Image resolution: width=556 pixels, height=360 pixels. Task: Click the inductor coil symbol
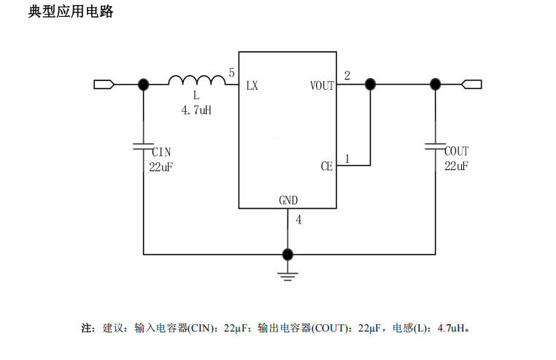[x=196, y=80]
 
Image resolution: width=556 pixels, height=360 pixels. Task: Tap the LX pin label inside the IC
[x=252, y=85]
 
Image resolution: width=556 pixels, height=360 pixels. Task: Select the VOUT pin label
[x=322, y=85]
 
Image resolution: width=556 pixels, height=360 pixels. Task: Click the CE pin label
[x=326, y=166]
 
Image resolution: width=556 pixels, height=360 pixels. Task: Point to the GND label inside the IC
[x=288, y=200]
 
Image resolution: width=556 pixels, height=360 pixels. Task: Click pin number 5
[x=231, y=73]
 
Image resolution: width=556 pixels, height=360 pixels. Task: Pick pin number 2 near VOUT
[x=347, y=75]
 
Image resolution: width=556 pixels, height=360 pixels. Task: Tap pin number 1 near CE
[x=347, y=158]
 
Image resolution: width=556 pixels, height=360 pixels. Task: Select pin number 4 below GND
[x=298, y=220]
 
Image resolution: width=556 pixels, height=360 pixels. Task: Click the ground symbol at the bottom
[x=288, y=275]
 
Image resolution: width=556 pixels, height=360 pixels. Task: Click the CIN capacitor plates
[x=143, y=147]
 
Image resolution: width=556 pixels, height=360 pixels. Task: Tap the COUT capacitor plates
[x=436, y=147]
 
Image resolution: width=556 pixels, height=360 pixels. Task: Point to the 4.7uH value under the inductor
[x=196, y=111]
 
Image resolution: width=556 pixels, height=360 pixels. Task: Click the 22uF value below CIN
[x=161, y=166]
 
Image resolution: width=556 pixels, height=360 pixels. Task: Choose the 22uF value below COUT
[x=457, y=166]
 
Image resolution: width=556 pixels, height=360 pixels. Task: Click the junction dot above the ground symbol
[x=288, y=254]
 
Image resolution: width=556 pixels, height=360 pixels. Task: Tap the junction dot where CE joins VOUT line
[x=370, y=85]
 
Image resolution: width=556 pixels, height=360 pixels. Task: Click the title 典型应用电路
[x=71, y=12]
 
